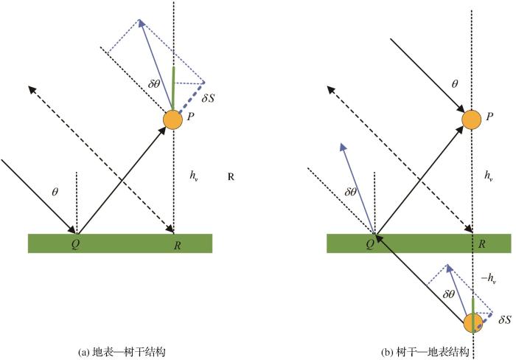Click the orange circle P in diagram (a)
(x=172, y=120)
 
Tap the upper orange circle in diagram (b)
(x=472, y=120)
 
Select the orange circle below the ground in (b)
(x=473, y=323)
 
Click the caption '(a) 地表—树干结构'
(x=122, y=352)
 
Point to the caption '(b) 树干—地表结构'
(x=425, y=352)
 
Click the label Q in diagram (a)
(x=75, y=244)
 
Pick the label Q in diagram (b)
(x=370, y=244)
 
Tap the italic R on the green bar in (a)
(x=178, y=246)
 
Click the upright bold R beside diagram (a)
(x=231, y=177)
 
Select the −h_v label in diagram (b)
(x=489, y=279)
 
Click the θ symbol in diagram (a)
(x=55, y=192)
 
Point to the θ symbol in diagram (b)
(x=455, y=84)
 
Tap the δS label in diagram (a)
(x=208, y=98)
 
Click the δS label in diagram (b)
(x=505, y=319)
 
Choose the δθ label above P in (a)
(x=154, y=84)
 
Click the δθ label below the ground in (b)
(x=448, y=294)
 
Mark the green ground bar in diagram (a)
(x=120, y=243)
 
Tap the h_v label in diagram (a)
(x=193, y=176)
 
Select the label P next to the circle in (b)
(x=489, y=116)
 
